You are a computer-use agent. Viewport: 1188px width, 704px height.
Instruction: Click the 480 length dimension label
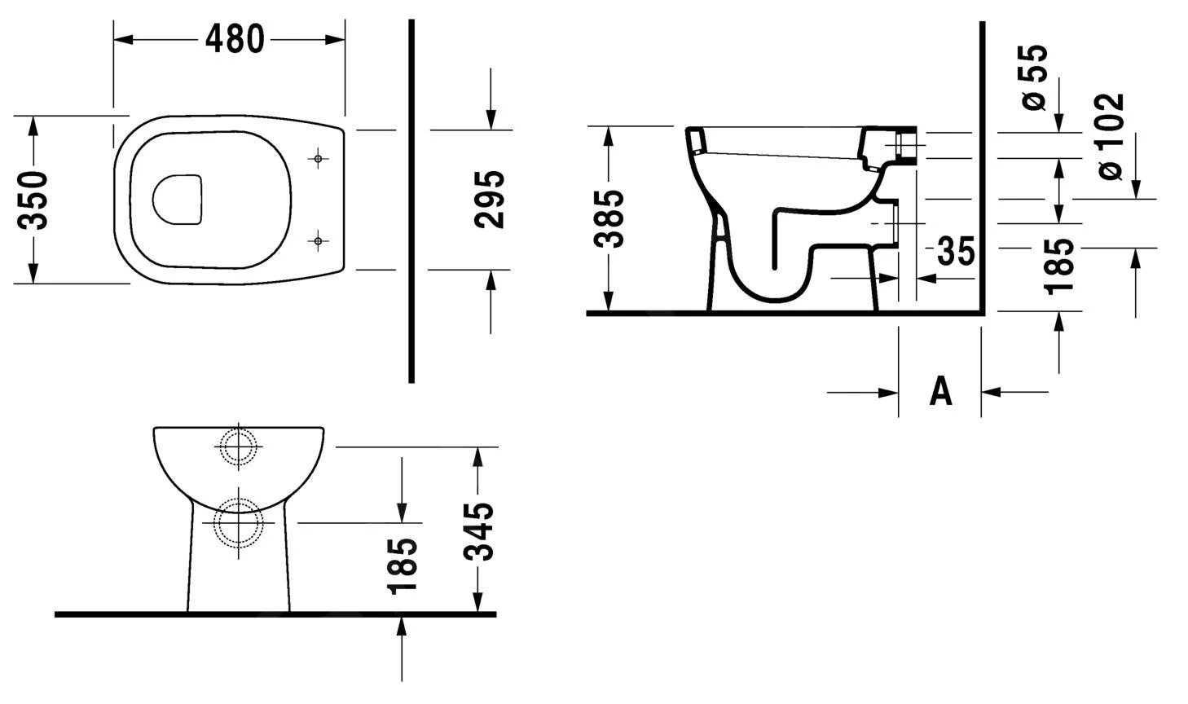235,39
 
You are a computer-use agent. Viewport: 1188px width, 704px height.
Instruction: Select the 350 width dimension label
34,200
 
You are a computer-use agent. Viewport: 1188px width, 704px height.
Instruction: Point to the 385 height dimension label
609,218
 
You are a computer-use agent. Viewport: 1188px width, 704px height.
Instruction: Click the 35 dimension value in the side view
955,252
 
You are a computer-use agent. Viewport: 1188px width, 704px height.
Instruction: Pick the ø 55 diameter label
1033,77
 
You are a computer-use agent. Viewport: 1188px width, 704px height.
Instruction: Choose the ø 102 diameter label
1110,137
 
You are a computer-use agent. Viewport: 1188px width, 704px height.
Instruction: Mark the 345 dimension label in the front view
479,531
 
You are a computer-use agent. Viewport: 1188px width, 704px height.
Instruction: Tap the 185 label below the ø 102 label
1058,266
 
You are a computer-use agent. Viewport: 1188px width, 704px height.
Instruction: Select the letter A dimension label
940,392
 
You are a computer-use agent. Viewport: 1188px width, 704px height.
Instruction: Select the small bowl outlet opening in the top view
177,199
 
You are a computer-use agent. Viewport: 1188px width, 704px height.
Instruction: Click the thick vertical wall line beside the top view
411,200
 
